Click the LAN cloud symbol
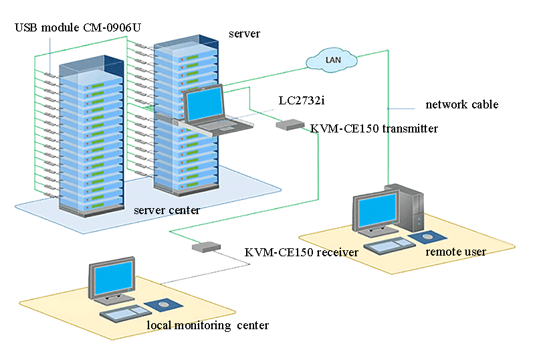click(x=331, y=60)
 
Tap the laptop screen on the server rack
click(x=204, y=104)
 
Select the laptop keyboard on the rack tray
click(x=221, y=124)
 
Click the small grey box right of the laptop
click(x=290, y=124)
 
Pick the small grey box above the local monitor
click(x=206, y=246)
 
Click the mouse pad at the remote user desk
click(x=426, y=237)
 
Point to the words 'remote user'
click(x=455, y=252)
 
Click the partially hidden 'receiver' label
click(x=342, y=252)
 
